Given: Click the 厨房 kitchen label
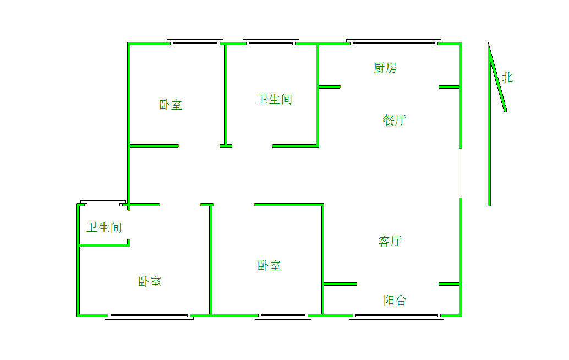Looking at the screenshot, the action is point(385,68).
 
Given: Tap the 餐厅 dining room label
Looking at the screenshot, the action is point(394,120).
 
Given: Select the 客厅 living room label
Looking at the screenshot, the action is point(390,241).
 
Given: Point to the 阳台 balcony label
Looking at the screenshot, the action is point(395,300).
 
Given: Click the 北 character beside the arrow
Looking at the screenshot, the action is point(507,77).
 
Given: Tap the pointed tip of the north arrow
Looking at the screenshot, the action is point(488,41).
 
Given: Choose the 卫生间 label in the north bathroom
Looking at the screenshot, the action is point(275,99).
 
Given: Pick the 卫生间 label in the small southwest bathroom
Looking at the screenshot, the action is point(104,227).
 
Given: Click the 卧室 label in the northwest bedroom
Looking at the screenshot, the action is point(171,105).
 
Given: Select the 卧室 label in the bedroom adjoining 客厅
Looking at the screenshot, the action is point(269,266).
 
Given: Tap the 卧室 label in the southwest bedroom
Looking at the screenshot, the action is point(150,282).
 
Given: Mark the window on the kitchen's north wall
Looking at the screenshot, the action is point(393,42).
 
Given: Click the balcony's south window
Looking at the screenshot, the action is point(396,317).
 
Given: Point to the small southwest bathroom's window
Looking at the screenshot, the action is point(103,203).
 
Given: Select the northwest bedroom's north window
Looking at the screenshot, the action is point(195,42).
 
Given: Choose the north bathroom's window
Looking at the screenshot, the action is point(271,42).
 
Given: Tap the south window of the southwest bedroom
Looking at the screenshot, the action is point(149,317).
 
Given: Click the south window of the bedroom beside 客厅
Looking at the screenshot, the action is point(283,317).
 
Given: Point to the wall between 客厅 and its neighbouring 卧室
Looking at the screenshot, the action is point(322,259).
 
